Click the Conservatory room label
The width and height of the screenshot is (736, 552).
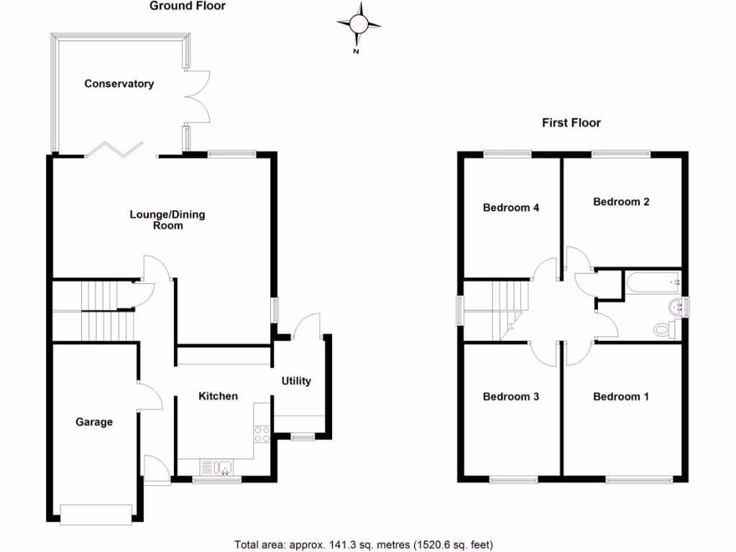point(119,83)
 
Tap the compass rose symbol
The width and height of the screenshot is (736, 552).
point(359,24)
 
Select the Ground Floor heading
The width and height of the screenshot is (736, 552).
point(188,6)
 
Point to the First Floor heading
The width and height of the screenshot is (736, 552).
point(571,122)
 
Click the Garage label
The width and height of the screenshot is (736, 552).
point(94,422)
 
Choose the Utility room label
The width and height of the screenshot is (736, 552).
point(296,381)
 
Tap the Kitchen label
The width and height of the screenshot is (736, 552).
point(218,396)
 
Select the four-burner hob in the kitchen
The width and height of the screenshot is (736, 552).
point(262,434)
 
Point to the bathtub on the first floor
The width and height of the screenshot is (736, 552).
point(653,282)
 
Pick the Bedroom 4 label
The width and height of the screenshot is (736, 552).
point(511,208)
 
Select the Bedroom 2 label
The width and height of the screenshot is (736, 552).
point(621,202)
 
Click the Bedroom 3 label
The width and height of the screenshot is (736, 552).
point(511,397)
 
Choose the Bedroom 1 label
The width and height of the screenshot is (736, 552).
point(621,397)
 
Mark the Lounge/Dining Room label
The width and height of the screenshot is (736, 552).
point(167,220)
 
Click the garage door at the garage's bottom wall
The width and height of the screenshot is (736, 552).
point(96,515)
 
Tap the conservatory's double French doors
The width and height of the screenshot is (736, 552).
point(197,97)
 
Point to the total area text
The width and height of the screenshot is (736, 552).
point(364,545)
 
